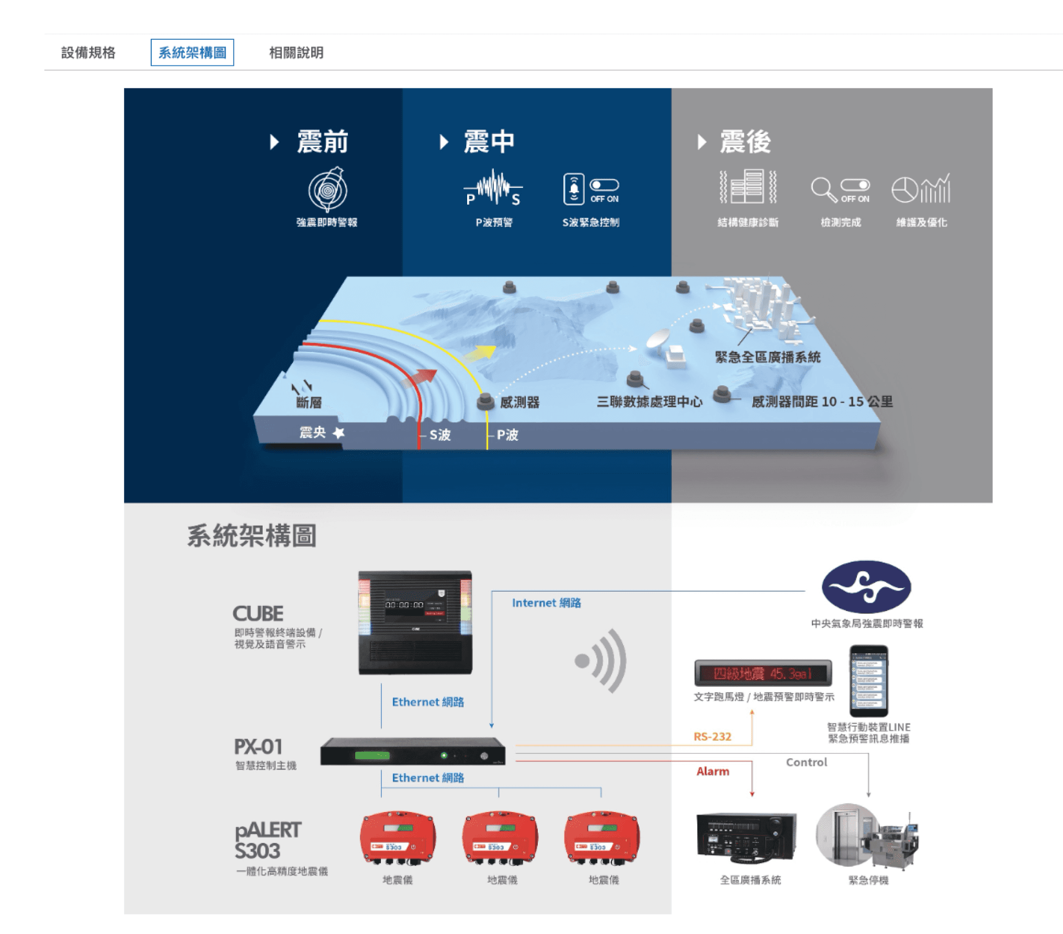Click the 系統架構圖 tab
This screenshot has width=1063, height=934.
pyautogui.click(x=192, y=53)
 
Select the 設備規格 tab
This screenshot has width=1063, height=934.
pyautogui.click(x=88, y=53)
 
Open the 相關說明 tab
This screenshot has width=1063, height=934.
pyautogui.click(x=296, y=53)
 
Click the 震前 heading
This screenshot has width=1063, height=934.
pyautogui.click(x=322, y=142)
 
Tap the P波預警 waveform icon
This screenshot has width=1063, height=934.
pyautogui.click(x=493, y=187)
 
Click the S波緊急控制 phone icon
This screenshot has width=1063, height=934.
pyautogui.click(x=573, y=189)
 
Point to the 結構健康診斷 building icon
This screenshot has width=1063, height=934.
pyautogui.click(x=748, y=186)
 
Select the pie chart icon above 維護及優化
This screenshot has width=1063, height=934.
pyautogui.click(x=904, y=190)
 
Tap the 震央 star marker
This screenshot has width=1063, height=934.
pyautogui.click(x=339, y=433)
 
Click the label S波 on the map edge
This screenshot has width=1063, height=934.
pyautogui.click(x=440, y=435)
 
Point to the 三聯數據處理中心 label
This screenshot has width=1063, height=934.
pyautogui.click(x=649, y=402)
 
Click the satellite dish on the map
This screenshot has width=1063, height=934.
pyautogui.click(x=658, y=339)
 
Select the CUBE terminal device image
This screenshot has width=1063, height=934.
pyautogui.click(x=415, y=622)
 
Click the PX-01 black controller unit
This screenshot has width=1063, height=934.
pyautogui.click(x=413, y=751)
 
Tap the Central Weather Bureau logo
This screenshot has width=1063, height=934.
pyautogui.click(x=866, y=587)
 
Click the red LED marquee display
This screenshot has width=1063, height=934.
pyautogui.click(x=763, y=673)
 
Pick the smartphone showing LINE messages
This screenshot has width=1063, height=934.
pyautogui.click(x=868, y=681)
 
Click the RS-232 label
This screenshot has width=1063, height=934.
pyautogui.click(x=712, y=737)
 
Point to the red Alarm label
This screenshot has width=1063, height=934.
pyautogui.click(x=713, y=771)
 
